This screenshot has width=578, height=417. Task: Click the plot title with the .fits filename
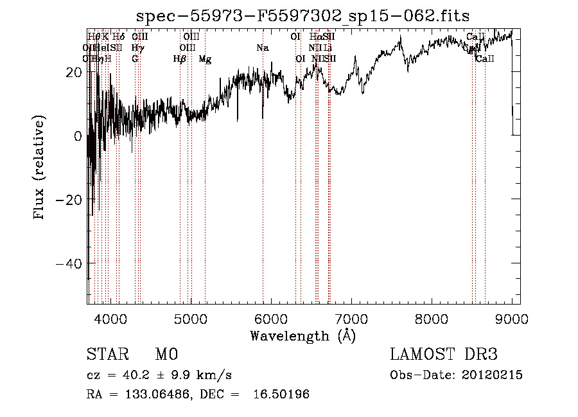coord(303,16)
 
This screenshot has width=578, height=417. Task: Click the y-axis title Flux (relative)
coord(40,168)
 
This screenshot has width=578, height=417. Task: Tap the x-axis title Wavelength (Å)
coord(302,335)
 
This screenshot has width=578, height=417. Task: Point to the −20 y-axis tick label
coord(68,200)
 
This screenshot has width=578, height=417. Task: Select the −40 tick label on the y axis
coord(68,264)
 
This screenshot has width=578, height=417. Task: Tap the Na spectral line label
coord(262,48)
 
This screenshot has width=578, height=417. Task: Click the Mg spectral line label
coord(205,59)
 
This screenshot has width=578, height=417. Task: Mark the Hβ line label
coord(180,59)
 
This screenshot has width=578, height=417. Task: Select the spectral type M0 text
coord(166,355)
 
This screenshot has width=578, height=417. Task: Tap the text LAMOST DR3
coord(443,355)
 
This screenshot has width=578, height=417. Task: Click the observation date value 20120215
coord(491,375)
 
